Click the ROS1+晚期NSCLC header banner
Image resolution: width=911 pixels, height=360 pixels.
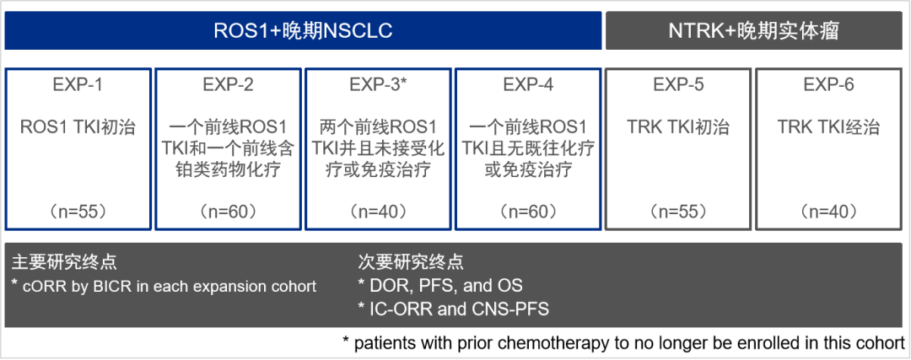coord(303,31)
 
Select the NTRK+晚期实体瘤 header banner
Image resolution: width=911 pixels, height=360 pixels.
coord(753,31)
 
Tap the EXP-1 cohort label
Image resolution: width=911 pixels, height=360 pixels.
coord(78,85)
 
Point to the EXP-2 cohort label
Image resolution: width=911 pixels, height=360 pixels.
coord(228,85)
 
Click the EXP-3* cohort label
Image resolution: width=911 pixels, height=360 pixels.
coord(378,85)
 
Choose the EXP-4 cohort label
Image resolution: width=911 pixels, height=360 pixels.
coord(528,85)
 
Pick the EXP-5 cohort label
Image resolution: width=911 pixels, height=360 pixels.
coord(678,85)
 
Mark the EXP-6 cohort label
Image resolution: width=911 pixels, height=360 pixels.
coord(828,85)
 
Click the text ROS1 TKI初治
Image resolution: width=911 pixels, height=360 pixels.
coord(78,128)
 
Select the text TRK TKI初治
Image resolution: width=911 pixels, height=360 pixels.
coord(678,128)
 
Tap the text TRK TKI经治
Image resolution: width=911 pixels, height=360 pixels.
coord(828,128)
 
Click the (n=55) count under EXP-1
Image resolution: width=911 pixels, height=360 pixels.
coord(78,211)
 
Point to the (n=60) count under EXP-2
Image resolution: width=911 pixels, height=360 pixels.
coord(228,211)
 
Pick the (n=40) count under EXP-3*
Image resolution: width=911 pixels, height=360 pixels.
coord(378,211)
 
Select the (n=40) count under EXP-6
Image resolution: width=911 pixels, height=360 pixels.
coord(828,211)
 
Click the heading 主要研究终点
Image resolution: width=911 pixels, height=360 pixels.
coord(64,262)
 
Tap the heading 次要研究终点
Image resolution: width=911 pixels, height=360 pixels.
coord(411,262)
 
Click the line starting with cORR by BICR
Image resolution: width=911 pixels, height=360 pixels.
coord(164,286)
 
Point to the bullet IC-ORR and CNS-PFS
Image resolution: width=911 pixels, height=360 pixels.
coord(453,309)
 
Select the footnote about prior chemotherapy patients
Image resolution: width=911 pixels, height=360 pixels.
coord(623,343)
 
